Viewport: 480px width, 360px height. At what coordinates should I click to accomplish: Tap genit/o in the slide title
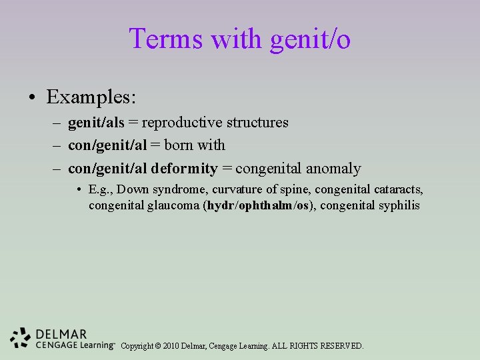(x=310, y=40)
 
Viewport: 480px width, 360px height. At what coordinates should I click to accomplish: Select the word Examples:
(x=91, y=97)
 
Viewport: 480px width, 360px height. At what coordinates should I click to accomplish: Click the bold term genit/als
(x=96, y=123)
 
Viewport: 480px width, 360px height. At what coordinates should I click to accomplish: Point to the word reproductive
(x=182, y=123)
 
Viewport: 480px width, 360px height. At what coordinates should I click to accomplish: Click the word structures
(x=257, y=123)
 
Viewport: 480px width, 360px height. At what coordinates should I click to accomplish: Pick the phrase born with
(x=195, y=145)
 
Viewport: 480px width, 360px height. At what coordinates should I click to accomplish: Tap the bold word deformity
(x=189, y=169)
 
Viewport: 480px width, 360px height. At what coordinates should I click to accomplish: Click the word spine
(x=294, y=190)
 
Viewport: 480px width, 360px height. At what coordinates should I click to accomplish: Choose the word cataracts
(x=396, y=190)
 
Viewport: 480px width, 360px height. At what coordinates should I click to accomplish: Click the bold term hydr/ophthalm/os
(x=259, y=205)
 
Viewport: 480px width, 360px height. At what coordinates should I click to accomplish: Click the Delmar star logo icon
(x=21, y=339)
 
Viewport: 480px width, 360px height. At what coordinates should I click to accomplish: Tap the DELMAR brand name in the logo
(x=61, y=334)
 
